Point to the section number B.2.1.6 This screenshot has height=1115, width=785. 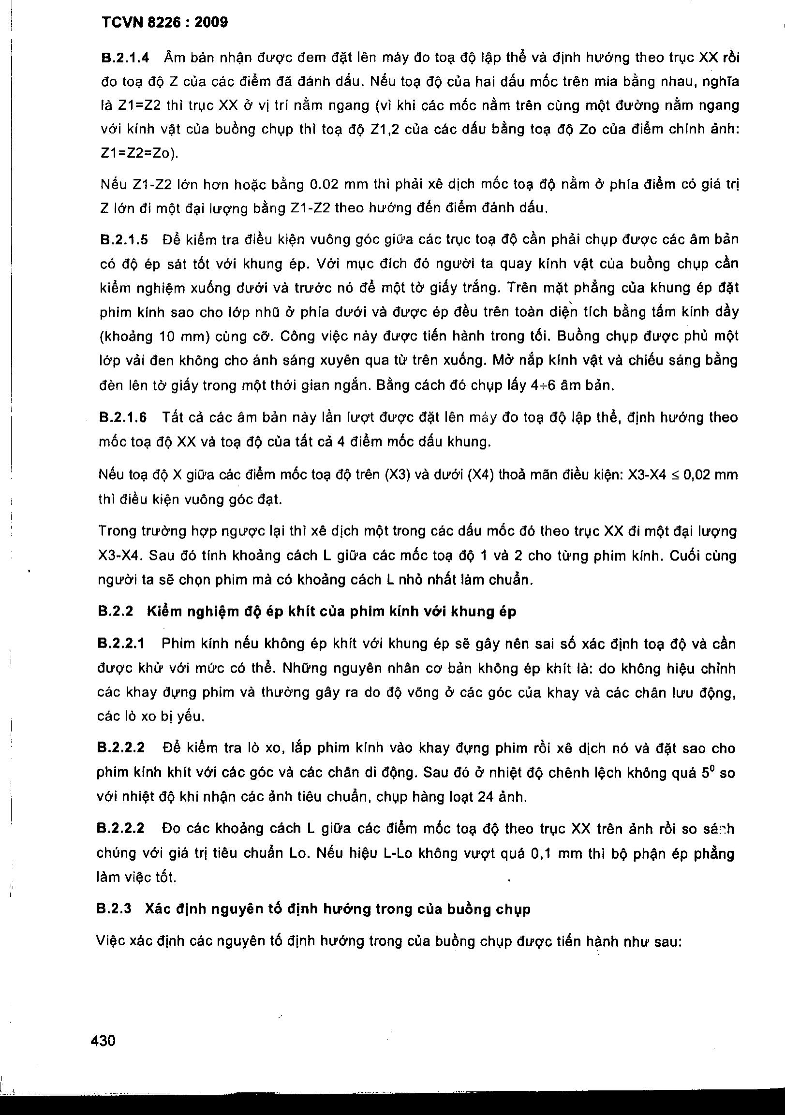click(123, 418)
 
